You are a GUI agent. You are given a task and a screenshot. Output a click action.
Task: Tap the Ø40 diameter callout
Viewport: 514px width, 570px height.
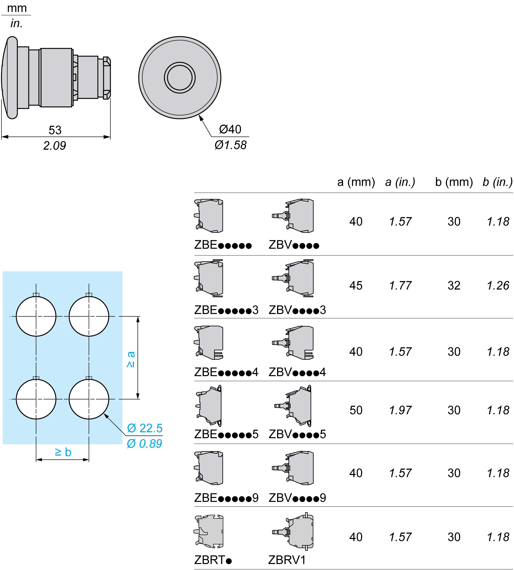point(230,129)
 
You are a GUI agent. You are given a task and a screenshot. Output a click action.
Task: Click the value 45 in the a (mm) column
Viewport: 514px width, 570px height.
point(356,286)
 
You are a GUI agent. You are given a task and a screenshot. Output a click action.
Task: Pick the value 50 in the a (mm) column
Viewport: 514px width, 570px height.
point(356,410)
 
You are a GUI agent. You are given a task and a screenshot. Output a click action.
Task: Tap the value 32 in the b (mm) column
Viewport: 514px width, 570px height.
point(454,286)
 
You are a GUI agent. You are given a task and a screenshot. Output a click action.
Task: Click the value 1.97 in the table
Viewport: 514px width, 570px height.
point(400,410)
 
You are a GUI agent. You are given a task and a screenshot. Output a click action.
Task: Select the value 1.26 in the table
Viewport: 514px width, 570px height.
point(498,286)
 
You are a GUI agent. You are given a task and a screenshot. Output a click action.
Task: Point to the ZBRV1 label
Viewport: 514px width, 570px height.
point(287,560)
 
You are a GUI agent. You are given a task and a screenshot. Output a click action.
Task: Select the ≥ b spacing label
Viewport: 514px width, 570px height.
point(63,452)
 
